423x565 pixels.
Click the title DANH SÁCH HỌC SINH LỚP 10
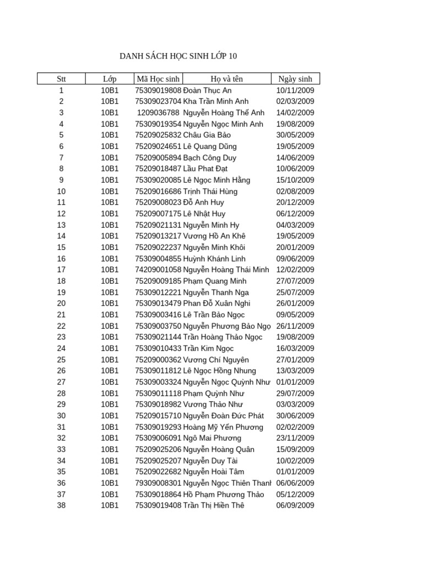178,56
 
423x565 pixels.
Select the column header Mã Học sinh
158,79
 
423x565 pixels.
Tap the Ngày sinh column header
295,79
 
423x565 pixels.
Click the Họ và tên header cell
226,79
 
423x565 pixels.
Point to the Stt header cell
61,79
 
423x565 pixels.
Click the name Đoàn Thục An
207,90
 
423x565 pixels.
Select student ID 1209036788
158,113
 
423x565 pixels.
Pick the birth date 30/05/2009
295,135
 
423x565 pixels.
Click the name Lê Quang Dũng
210,146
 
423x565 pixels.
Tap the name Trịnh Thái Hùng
210,191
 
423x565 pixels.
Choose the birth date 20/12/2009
295,202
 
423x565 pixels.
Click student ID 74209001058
158,270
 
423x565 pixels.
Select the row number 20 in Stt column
61,303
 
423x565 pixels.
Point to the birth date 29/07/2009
295,393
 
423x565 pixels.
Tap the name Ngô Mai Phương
212,438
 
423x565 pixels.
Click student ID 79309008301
158,483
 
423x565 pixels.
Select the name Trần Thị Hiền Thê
214,505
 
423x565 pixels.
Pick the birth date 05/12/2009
295,494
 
